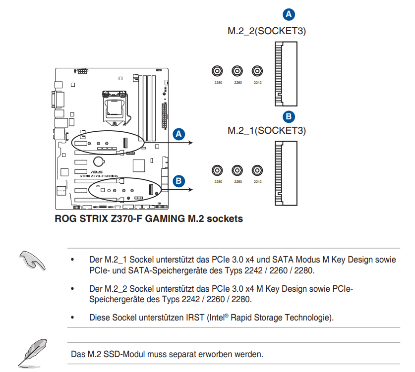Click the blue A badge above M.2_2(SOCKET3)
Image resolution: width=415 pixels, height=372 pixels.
coord(289,14)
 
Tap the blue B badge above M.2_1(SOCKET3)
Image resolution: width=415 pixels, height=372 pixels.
coord(289,116)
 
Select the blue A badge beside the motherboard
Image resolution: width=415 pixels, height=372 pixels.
coord(179,134)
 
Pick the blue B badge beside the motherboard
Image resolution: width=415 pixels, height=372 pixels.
coord(179,181)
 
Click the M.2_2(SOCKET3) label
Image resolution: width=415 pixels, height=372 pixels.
coord(267,31)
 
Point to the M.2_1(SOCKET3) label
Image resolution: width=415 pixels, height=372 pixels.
coord(267,130)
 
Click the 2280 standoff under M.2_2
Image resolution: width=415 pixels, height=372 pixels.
coord(217,71)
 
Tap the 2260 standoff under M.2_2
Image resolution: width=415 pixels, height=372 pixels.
coord(237,71)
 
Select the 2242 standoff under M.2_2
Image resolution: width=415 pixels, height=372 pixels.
coord(257,71)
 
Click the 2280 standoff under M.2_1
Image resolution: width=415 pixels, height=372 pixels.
coord(217,170)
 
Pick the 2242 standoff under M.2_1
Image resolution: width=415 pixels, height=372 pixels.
coord(257,170)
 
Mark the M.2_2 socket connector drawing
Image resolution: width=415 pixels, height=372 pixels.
coord(286,74)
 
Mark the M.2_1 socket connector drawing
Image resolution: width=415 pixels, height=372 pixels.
coord(286,173)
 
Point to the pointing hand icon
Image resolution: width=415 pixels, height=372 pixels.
coord(32,261)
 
